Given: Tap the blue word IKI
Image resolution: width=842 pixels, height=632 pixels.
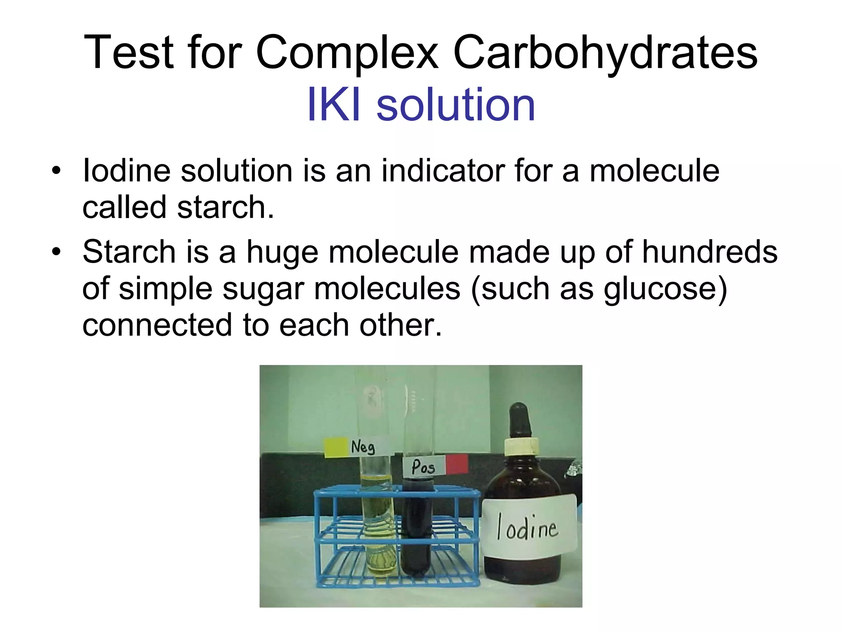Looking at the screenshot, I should point(334,105).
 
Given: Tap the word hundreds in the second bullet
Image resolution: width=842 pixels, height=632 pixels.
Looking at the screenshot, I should point(710,252).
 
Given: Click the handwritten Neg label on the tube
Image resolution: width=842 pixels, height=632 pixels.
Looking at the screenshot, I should point(363,447).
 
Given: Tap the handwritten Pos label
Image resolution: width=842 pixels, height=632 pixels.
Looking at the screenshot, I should point(423,467).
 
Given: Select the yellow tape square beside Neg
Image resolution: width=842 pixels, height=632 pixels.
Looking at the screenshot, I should point(336,448).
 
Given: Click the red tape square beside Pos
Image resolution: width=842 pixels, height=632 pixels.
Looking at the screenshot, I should point(457,464).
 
